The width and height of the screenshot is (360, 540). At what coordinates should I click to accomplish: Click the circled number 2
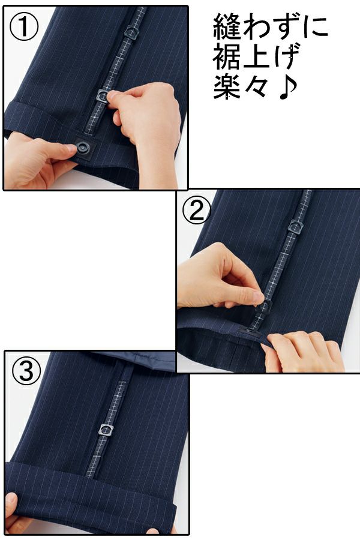point(197,211)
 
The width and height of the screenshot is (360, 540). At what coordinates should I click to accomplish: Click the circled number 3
point(26,371)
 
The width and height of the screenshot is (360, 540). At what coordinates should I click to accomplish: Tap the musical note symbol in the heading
point(287,89)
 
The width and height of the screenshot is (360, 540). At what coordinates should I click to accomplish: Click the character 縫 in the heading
point(227,26)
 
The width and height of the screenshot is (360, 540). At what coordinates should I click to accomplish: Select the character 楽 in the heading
point(227,88)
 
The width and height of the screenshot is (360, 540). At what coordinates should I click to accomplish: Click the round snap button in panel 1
point(83,148)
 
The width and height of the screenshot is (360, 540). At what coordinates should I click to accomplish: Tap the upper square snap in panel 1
point(131,31)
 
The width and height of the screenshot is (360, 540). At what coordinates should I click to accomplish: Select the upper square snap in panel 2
point(295,226)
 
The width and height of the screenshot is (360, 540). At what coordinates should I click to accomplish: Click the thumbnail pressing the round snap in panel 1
point(71,148)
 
